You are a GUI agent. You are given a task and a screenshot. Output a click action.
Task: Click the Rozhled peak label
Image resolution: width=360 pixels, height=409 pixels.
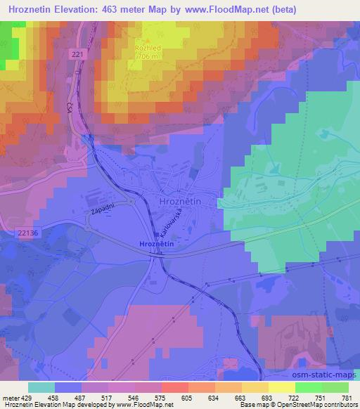(x=148, y=48)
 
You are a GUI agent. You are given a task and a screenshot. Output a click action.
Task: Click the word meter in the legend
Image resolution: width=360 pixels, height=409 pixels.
(x=8, y=397)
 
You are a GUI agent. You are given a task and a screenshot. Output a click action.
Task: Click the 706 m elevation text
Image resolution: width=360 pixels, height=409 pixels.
(x=148, y=56)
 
